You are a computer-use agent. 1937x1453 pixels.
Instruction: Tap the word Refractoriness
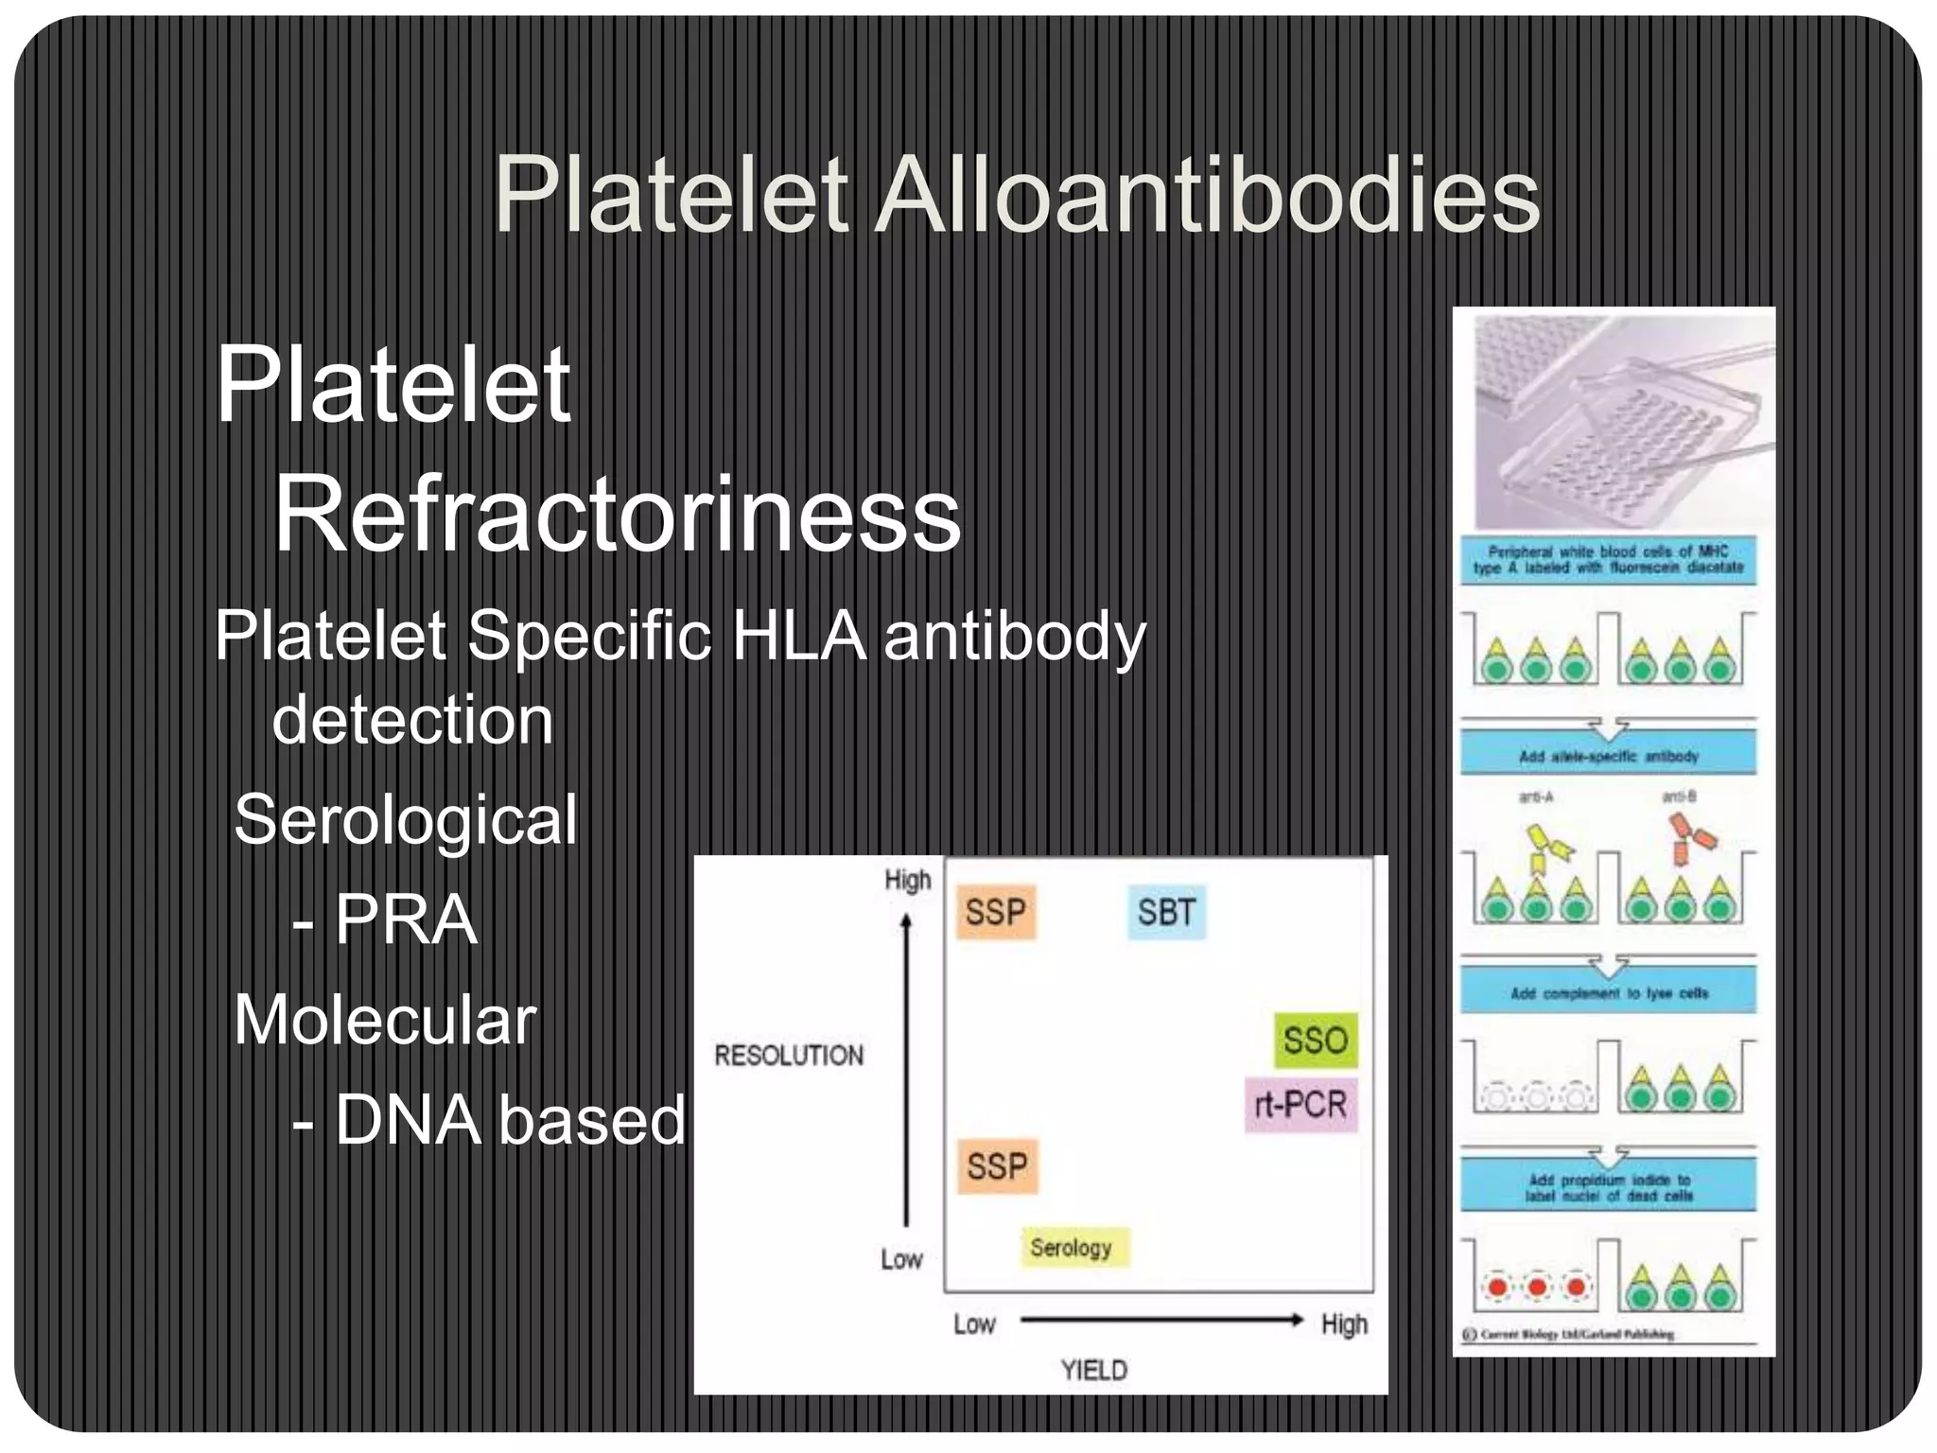[x=617, y=516]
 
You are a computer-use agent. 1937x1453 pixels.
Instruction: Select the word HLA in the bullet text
[x=798, y=636]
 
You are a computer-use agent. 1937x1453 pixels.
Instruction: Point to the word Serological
[x=405, y=819]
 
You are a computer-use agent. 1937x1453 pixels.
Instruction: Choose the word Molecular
[x=385, y=1020]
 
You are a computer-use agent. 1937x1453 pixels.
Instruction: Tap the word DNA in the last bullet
[x=408, y=1120]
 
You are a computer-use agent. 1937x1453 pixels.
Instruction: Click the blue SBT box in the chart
[x=1166, y=913]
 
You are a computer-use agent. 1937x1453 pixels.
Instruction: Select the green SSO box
[x=1315, y=1041]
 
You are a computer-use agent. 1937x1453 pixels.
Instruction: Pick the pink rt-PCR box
[x=1300, y=1104]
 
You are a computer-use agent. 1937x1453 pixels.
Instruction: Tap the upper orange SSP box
[x=996, y=913]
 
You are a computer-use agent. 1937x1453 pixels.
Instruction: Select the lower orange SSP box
[x=997, y=1166]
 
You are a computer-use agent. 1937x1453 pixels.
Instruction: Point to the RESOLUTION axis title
[x=789, y=1056]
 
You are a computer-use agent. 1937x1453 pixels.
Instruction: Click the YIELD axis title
[x=1094, y=1370]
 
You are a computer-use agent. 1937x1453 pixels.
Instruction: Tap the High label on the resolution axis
[x=907, y=881]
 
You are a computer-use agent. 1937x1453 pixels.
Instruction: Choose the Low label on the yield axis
[x=974, y=1323]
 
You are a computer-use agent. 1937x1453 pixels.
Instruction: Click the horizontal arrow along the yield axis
[x=1161, y=1321]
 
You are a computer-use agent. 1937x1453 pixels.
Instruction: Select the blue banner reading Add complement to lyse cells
[x=1609, y=993]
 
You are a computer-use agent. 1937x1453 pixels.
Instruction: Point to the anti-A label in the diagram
[x=1536, y=797]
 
